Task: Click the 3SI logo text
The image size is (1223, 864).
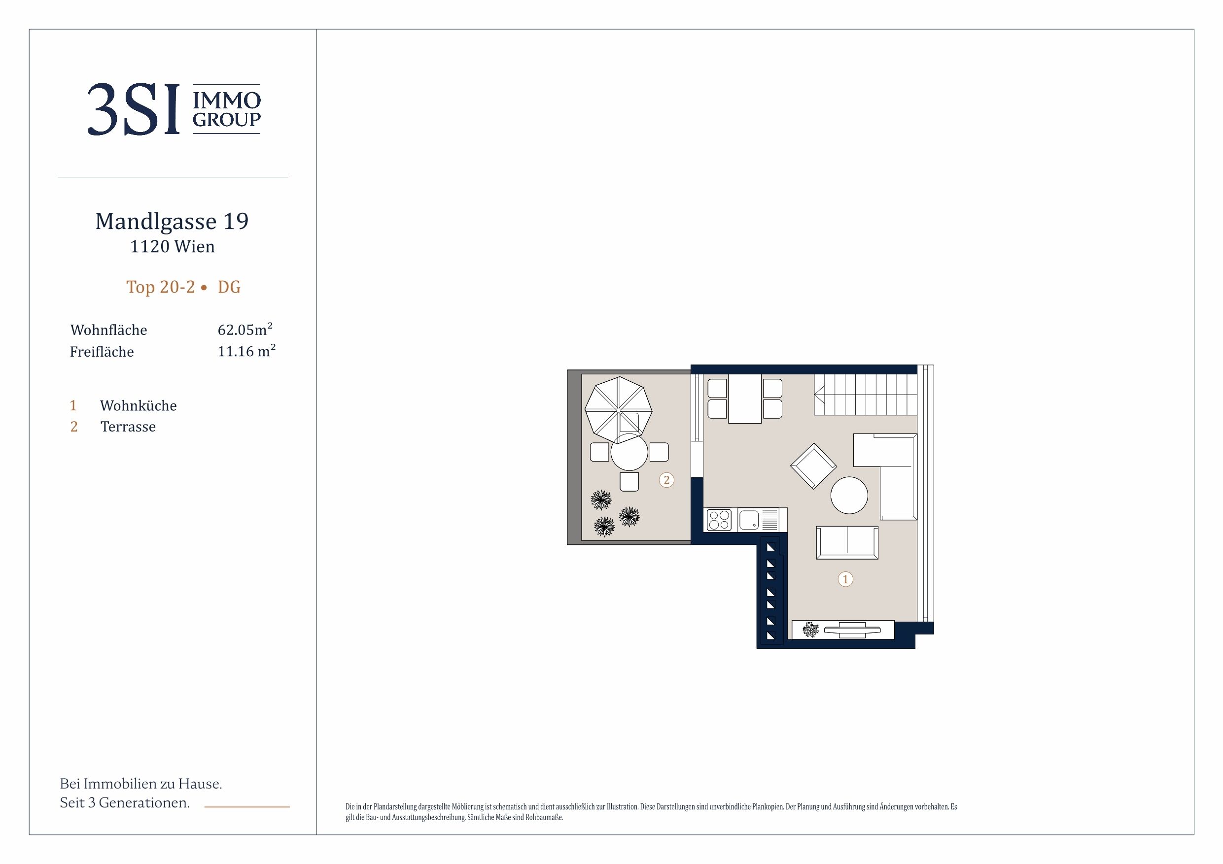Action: click(134, 110)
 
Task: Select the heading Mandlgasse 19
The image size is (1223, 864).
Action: click(172, 222)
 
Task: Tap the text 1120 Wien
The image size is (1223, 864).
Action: click(173, 246)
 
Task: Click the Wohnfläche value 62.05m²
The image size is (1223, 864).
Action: click(245, 329)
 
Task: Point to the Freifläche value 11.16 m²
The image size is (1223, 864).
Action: click(246, 351)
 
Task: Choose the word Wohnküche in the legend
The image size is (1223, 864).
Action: click(139, 406)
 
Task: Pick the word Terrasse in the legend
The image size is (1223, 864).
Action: click(128, 427)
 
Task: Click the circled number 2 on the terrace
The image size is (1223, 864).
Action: click(666, 480)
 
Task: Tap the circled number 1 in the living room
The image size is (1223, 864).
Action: click(845, 579)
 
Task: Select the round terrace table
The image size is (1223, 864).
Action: click(629, 452)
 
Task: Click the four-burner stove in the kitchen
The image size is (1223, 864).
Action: click(719, 520)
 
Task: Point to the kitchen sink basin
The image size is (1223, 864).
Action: click(749, 520)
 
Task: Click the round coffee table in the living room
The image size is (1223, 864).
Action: click(849, 495)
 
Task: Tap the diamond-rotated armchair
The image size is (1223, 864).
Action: click(813, 466)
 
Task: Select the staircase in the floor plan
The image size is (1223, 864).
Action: click(865, 395)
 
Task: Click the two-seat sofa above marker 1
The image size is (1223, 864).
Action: click(847, 542)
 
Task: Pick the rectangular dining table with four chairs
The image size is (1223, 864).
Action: click(745, 399)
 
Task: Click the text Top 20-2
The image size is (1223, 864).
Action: click(161, 287)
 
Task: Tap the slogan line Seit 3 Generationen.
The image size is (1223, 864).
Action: click(125, 803)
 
